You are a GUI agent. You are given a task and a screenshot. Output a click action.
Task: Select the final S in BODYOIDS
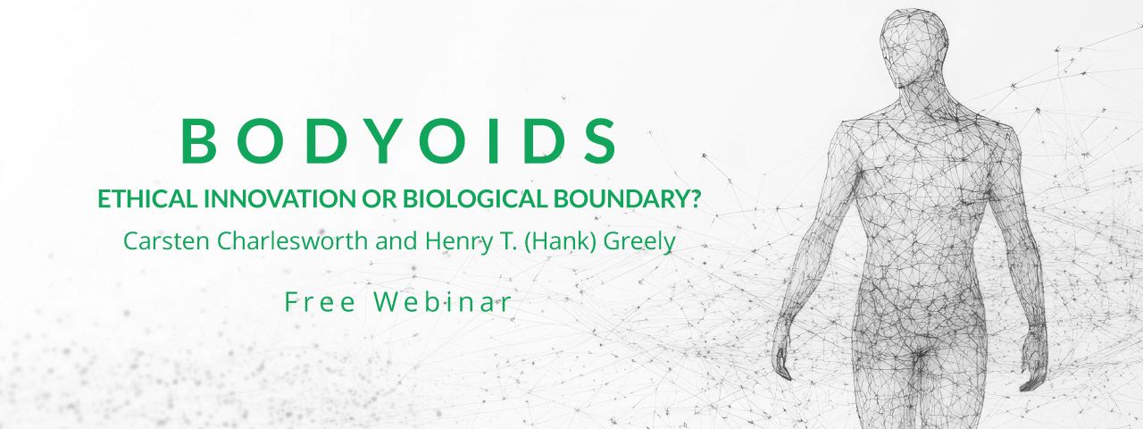tap(601, 141)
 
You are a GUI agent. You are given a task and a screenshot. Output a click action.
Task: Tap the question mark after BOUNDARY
tap(694, 198)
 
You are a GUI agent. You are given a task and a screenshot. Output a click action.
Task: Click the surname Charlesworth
tap(292, 241)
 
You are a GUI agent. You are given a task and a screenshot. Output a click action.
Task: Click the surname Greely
tap(639, 242)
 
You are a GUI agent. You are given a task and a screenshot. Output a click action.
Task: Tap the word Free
tap(320, 302)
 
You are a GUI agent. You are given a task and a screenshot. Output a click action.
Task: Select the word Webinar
tap(442, 302)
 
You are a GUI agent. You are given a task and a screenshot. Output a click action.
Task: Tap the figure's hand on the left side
tap(781, 356)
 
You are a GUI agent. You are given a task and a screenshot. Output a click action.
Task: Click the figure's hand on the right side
tap(1032, 358)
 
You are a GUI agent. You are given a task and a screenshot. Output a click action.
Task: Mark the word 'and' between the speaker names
tap(396, 241)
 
